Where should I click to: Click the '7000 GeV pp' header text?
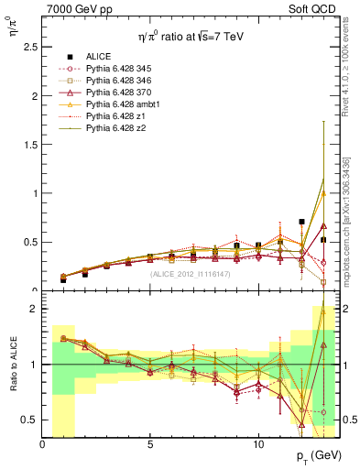[81, 8]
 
